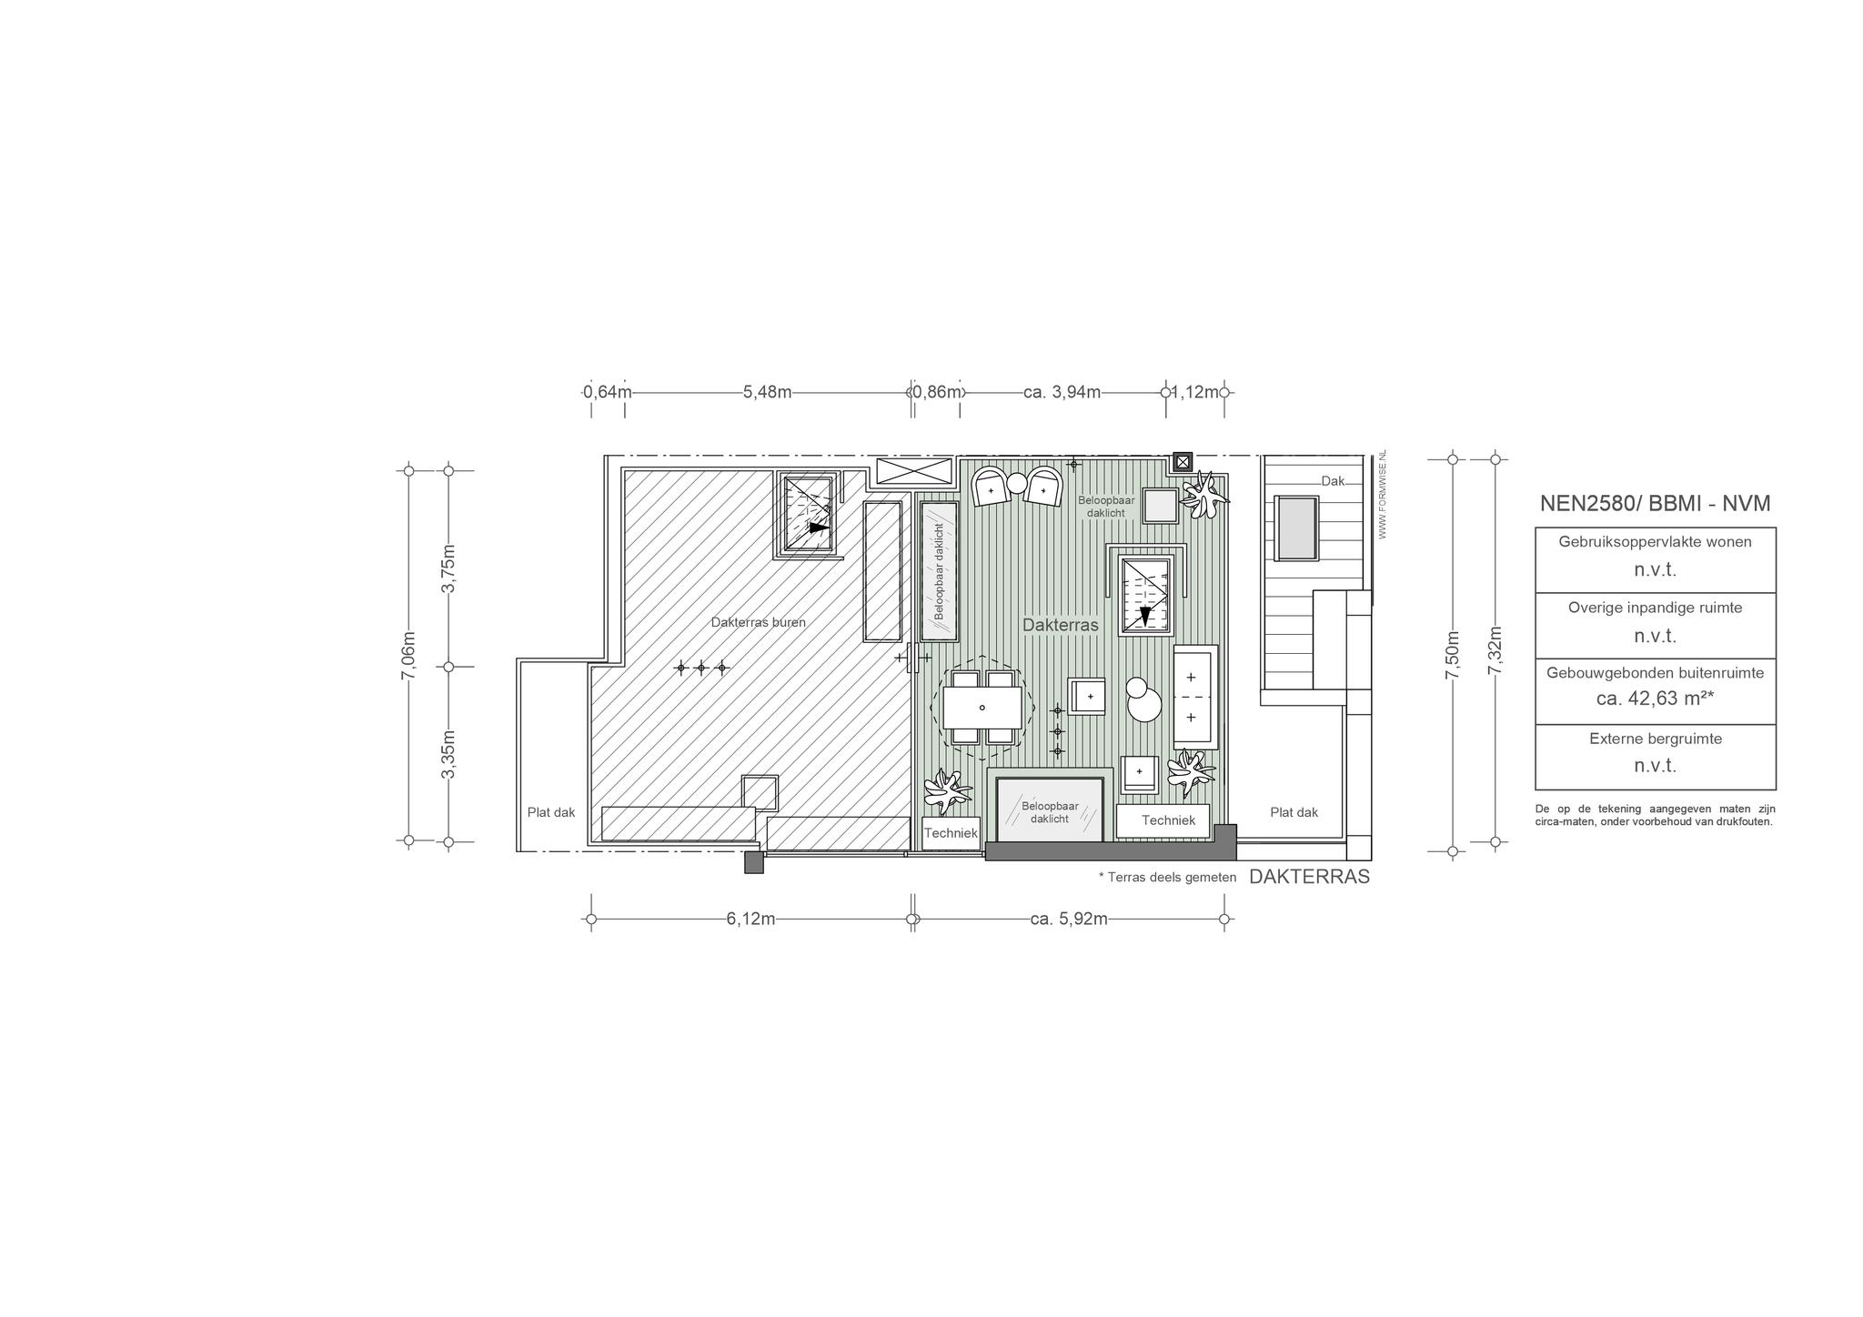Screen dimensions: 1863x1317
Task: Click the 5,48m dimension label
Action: (767, 392)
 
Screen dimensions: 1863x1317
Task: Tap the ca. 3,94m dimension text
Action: (1062, 392)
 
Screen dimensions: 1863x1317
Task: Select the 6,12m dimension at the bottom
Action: (750, 919)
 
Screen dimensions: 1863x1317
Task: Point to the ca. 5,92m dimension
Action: (1069, 919)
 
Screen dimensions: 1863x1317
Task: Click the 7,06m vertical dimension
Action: (408, 655)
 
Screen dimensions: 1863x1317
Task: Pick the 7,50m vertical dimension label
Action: (1452, 655)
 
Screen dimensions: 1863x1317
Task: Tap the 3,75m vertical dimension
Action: (448, 568)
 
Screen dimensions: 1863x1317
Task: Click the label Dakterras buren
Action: (758, 622)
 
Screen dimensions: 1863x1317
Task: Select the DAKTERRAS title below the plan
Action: (1309, 877)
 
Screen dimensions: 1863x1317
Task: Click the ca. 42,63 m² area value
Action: (1655, 699)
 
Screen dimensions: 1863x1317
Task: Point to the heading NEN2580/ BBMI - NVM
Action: (1655, 504)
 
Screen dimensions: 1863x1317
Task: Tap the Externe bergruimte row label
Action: (1655, 739)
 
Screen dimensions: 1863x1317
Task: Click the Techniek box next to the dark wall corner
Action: (1168, 820)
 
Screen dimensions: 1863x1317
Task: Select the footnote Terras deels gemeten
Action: (1168, 878)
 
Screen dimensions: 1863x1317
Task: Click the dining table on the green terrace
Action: (982, 708)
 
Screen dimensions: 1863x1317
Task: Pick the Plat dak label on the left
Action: (551, 812)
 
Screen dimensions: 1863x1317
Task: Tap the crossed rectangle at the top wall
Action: (914, 472)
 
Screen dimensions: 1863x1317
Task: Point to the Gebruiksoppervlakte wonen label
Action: (1655, 541)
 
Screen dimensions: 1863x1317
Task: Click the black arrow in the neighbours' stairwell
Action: (820, 528)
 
